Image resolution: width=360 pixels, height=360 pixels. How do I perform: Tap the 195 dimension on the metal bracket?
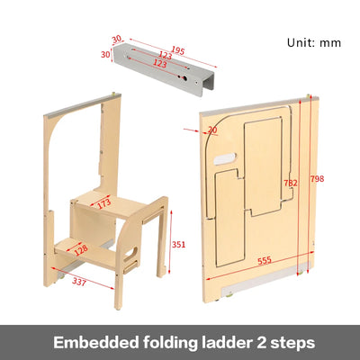point(175,51)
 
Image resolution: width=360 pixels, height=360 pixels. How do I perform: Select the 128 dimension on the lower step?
point(81,248)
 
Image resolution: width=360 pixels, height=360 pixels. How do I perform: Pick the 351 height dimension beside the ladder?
point(179,242)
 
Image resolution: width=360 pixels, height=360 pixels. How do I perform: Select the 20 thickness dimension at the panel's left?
point(211,130)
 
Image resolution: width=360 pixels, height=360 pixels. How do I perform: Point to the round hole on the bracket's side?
point(187,78)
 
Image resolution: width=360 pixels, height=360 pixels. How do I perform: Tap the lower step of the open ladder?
point(79,244)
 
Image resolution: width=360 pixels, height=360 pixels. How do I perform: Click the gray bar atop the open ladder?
point(84,106)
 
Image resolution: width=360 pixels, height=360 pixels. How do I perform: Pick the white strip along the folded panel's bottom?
point(270,268)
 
